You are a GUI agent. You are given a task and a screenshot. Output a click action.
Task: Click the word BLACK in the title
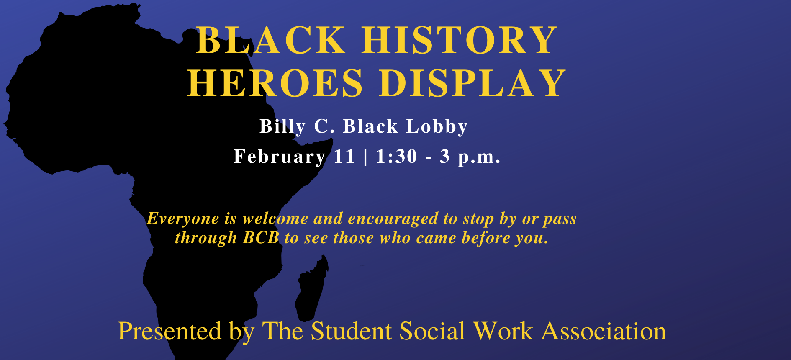point(271,40)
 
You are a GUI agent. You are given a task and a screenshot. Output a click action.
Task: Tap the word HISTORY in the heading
point(459,40)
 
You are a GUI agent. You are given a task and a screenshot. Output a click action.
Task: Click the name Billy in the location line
point(282,126)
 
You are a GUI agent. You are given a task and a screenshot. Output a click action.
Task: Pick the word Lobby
point(437,126)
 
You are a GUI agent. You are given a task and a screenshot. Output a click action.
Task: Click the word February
point(280,157)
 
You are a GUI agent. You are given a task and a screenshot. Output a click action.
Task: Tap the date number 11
point(344,157)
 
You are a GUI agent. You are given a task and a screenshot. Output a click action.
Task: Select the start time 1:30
point(397,157)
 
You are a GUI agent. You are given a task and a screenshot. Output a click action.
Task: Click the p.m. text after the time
point(479,157)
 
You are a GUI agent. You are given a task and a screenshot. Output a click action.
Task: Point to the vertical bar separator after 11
point(366,157)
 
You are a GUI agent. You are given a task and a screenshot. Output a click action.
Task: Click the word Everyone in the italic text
point(183,219)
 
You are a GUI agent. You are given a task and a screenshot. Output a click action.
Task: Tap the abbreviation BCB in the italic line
point(261,238)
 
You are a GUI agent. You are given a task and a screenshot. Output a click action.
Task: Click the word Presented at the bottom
point(169,331)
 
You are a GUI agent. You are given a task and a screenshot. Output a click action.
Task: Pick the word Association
point(604,331)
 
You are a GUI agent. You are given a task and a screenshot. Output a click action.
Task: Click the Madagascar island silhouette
point(311,289)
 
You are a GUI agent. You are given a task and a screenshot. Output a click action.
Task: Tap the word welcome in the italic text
point(275,219)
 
